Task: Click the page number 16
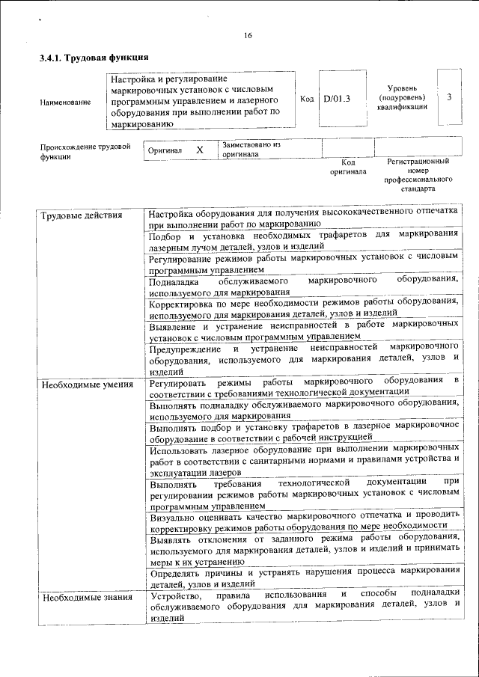tap(248, 36)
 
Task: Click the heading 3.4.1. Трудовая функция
tap(94, 58)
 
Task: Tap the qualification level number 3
tap(449, 97)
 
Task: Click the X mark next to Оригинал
tap(200, 150)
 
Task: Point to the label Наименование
tap(65, 102)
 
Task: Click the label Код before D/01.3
tap(307, 98)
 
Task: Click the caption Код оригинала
tap(348, 166)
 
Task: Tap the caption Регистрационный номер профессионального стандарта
tap(418, 175)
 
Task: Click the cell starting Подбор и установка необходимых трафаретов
tap(303, 239)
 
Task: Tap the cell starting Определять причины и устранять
tap(303, 577)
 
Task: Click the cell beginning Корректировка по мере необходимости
tap(303, 307)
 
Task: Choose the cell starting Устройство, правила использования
tap(303, 606)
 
